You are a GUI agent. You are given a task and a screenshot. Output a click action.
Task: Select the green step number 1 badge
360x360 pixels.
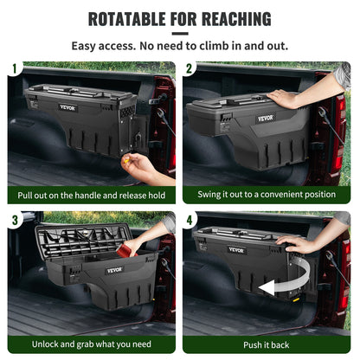pyautogui.click(x=14, y=67)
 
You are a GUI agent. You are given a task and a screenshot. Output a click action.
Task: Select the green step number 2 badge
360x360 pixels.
pyautogui.click(x=190, y=67)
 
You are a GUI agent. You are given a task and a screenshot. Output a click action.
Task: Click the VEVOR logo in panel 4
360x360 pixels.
pyautogui.click(x=236, y=250)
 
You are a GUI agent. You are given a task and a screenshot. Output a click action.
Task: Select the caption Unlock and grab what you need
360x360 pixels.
pyautogui.click(x=91, y=344)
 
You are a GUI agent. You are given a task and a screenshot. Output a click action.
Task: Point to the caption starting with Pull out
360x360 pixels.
pyautogui.click(x=91, y=195)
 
